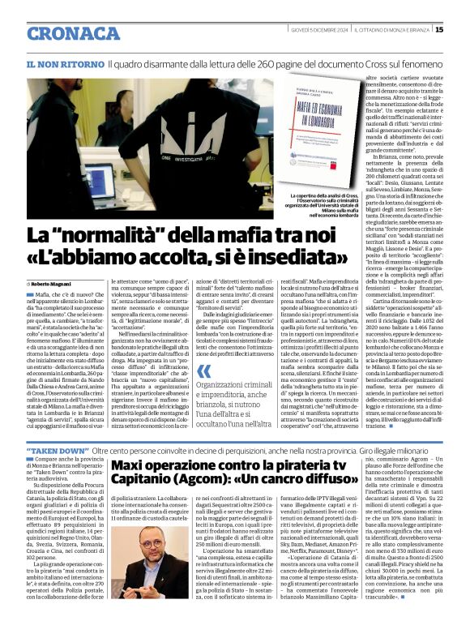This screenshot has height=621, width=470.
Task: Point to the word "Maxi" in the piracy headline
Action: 131,465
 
